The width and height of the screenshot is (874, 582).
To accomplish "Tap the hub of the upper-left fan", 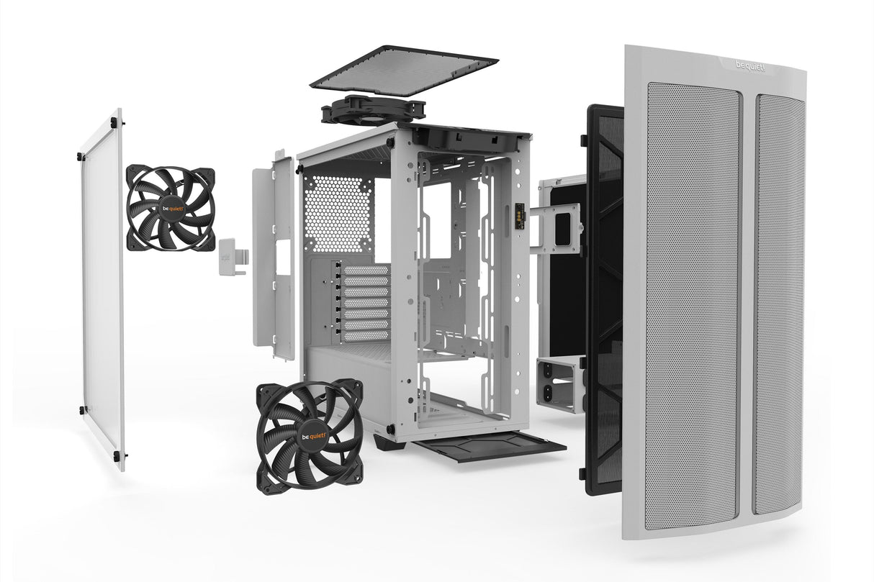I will (x=171, y=207).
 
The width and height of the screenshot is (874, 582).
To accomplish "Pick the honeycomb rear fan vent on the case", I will (x=338, y=204).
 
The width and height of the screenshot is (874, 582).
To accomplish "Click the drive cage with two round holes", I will (x=559, y=384).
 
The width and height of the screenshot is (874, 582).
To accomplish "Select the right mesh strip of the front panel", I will (x=778, y=302).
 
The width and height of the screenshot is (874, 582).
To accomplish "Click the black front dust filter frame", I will (x=603, y=302).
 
